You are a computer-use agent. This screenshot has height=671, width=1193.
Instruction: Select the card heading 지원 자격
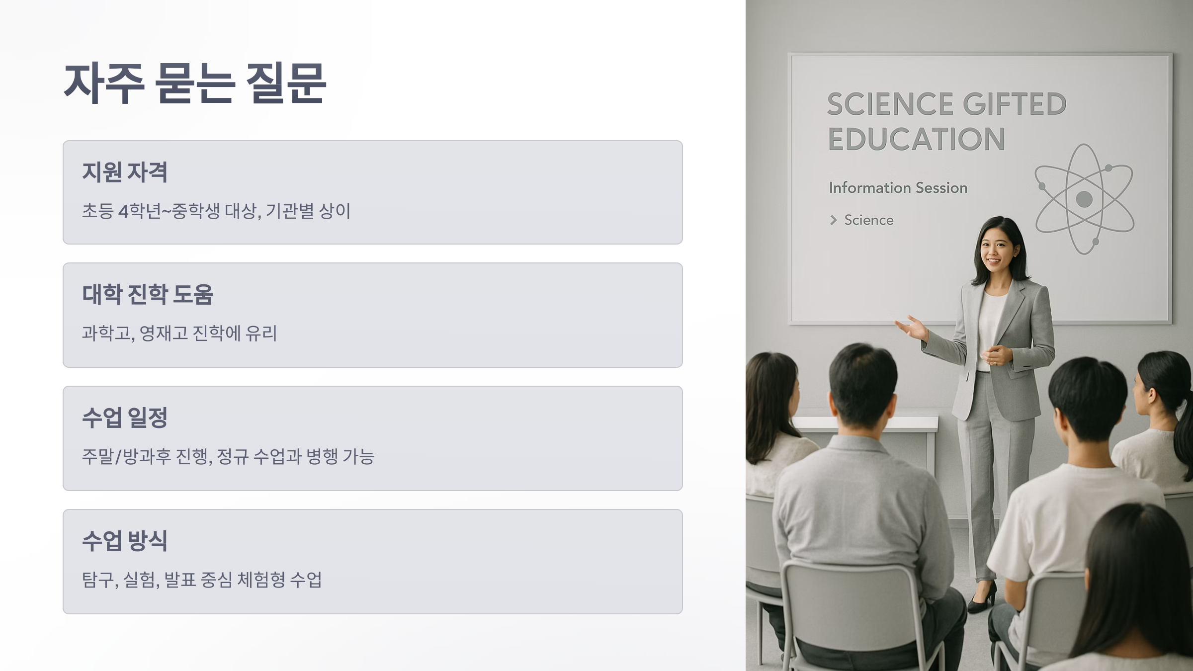pyautogui.click(x=125, y=172)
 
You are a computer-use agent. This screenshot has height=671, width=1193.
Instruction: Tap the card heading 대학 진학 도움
pyautogui.click(x=148, y=294)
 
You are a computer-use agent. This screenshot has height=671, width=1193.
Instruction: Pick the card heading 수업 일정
pyautogui.click(x=125, y=418)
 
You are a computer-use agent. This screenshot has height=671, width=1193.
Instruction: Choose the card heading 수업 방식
pyautogui.click(x=125, y=541)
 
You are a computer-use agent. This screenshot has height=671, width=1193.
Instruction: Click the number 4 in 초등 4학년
pyautogui.click(x=123, y=211)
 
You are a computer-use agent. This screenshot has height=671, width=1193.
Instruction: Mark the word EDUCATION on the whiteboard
pyautogui.click(x=917, y=139)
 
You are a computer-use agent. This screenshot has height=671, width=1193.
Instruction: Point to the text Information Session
pyautogui.click(x=898, y=188)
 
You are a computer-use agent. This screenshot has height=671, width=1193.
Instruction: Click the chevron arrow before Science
pyautogui.click(x=834, y=220)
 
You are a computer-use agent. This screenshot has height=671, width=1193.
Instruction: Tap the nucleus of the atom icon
pyautogui.click(x=1084, y=199)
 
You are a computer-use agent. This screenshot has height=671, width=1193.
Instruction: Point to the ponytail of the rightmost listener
pyautogui.click(x=1183, y=437)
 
